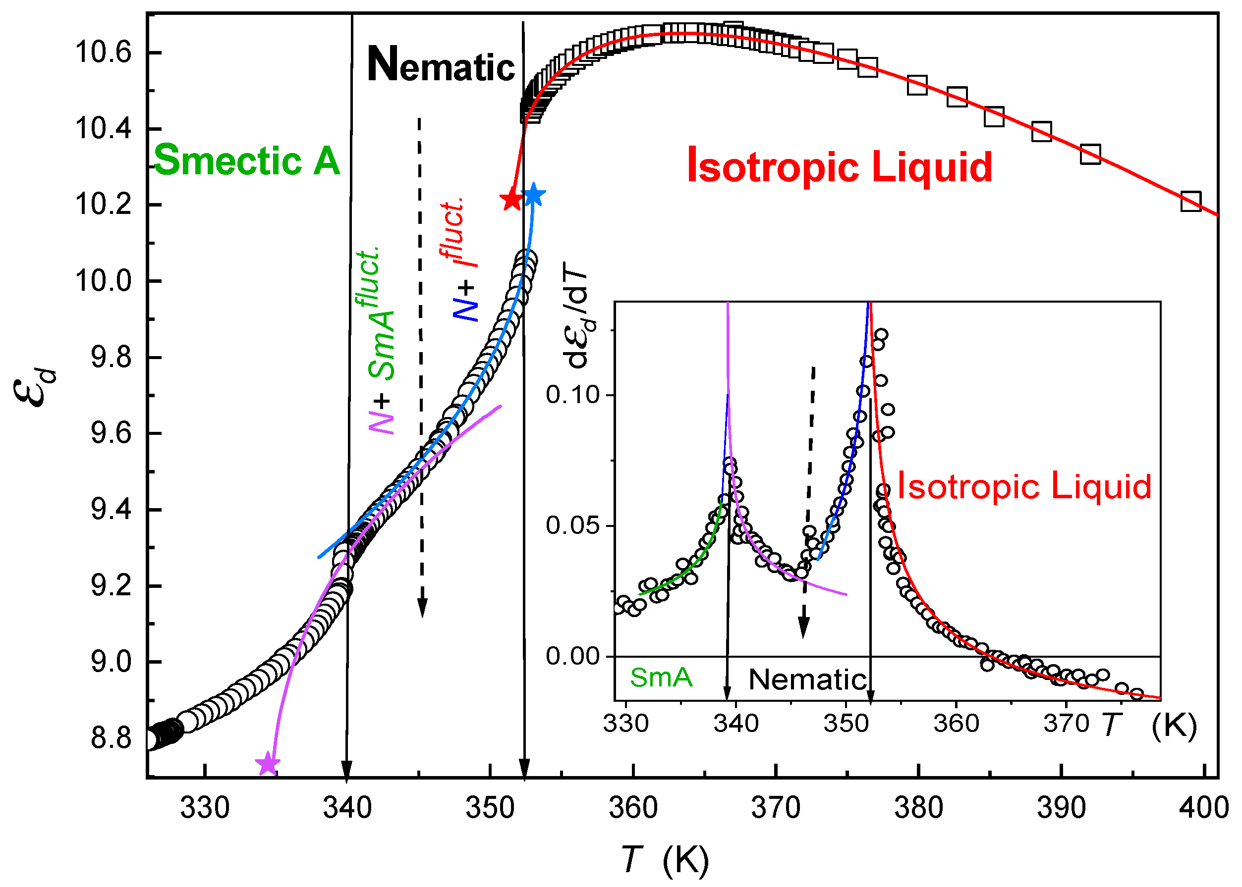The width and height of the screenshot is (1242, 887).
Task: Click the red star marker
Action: point(511,200)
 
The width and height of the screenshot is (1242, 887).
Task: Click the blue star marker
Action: point(534,195)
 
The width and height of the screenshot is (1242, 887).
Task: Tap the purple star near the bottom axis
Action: point(268,764)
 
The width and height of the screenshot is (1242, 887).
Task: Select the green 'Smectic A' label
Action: point(247,160)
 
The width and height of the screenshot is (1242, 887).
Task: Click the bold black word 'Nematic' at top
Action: point(441,65)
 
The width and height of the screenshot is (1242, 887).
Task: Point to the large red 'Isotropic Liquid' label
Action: point(839,166)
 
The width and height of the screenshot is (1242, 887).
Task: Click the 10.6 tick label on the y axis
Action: point(103,53)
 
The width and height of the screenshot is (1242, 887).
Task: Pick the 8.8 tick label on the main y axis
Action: point(111,739)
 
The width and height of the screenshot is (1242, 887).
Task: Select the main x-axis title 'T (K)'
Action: point(665,860)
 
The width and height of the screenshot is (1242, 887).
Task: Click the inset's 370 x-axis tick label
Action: point(1066,724)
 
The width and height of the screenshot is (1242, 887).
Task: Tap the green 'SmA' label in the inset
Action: point(661,678)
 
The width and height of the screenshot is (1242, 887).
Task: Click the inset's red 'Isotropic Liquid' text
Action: point(1024,486)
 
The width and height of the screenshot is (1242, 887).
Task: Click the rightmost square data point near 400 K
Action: point(1190,201)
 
